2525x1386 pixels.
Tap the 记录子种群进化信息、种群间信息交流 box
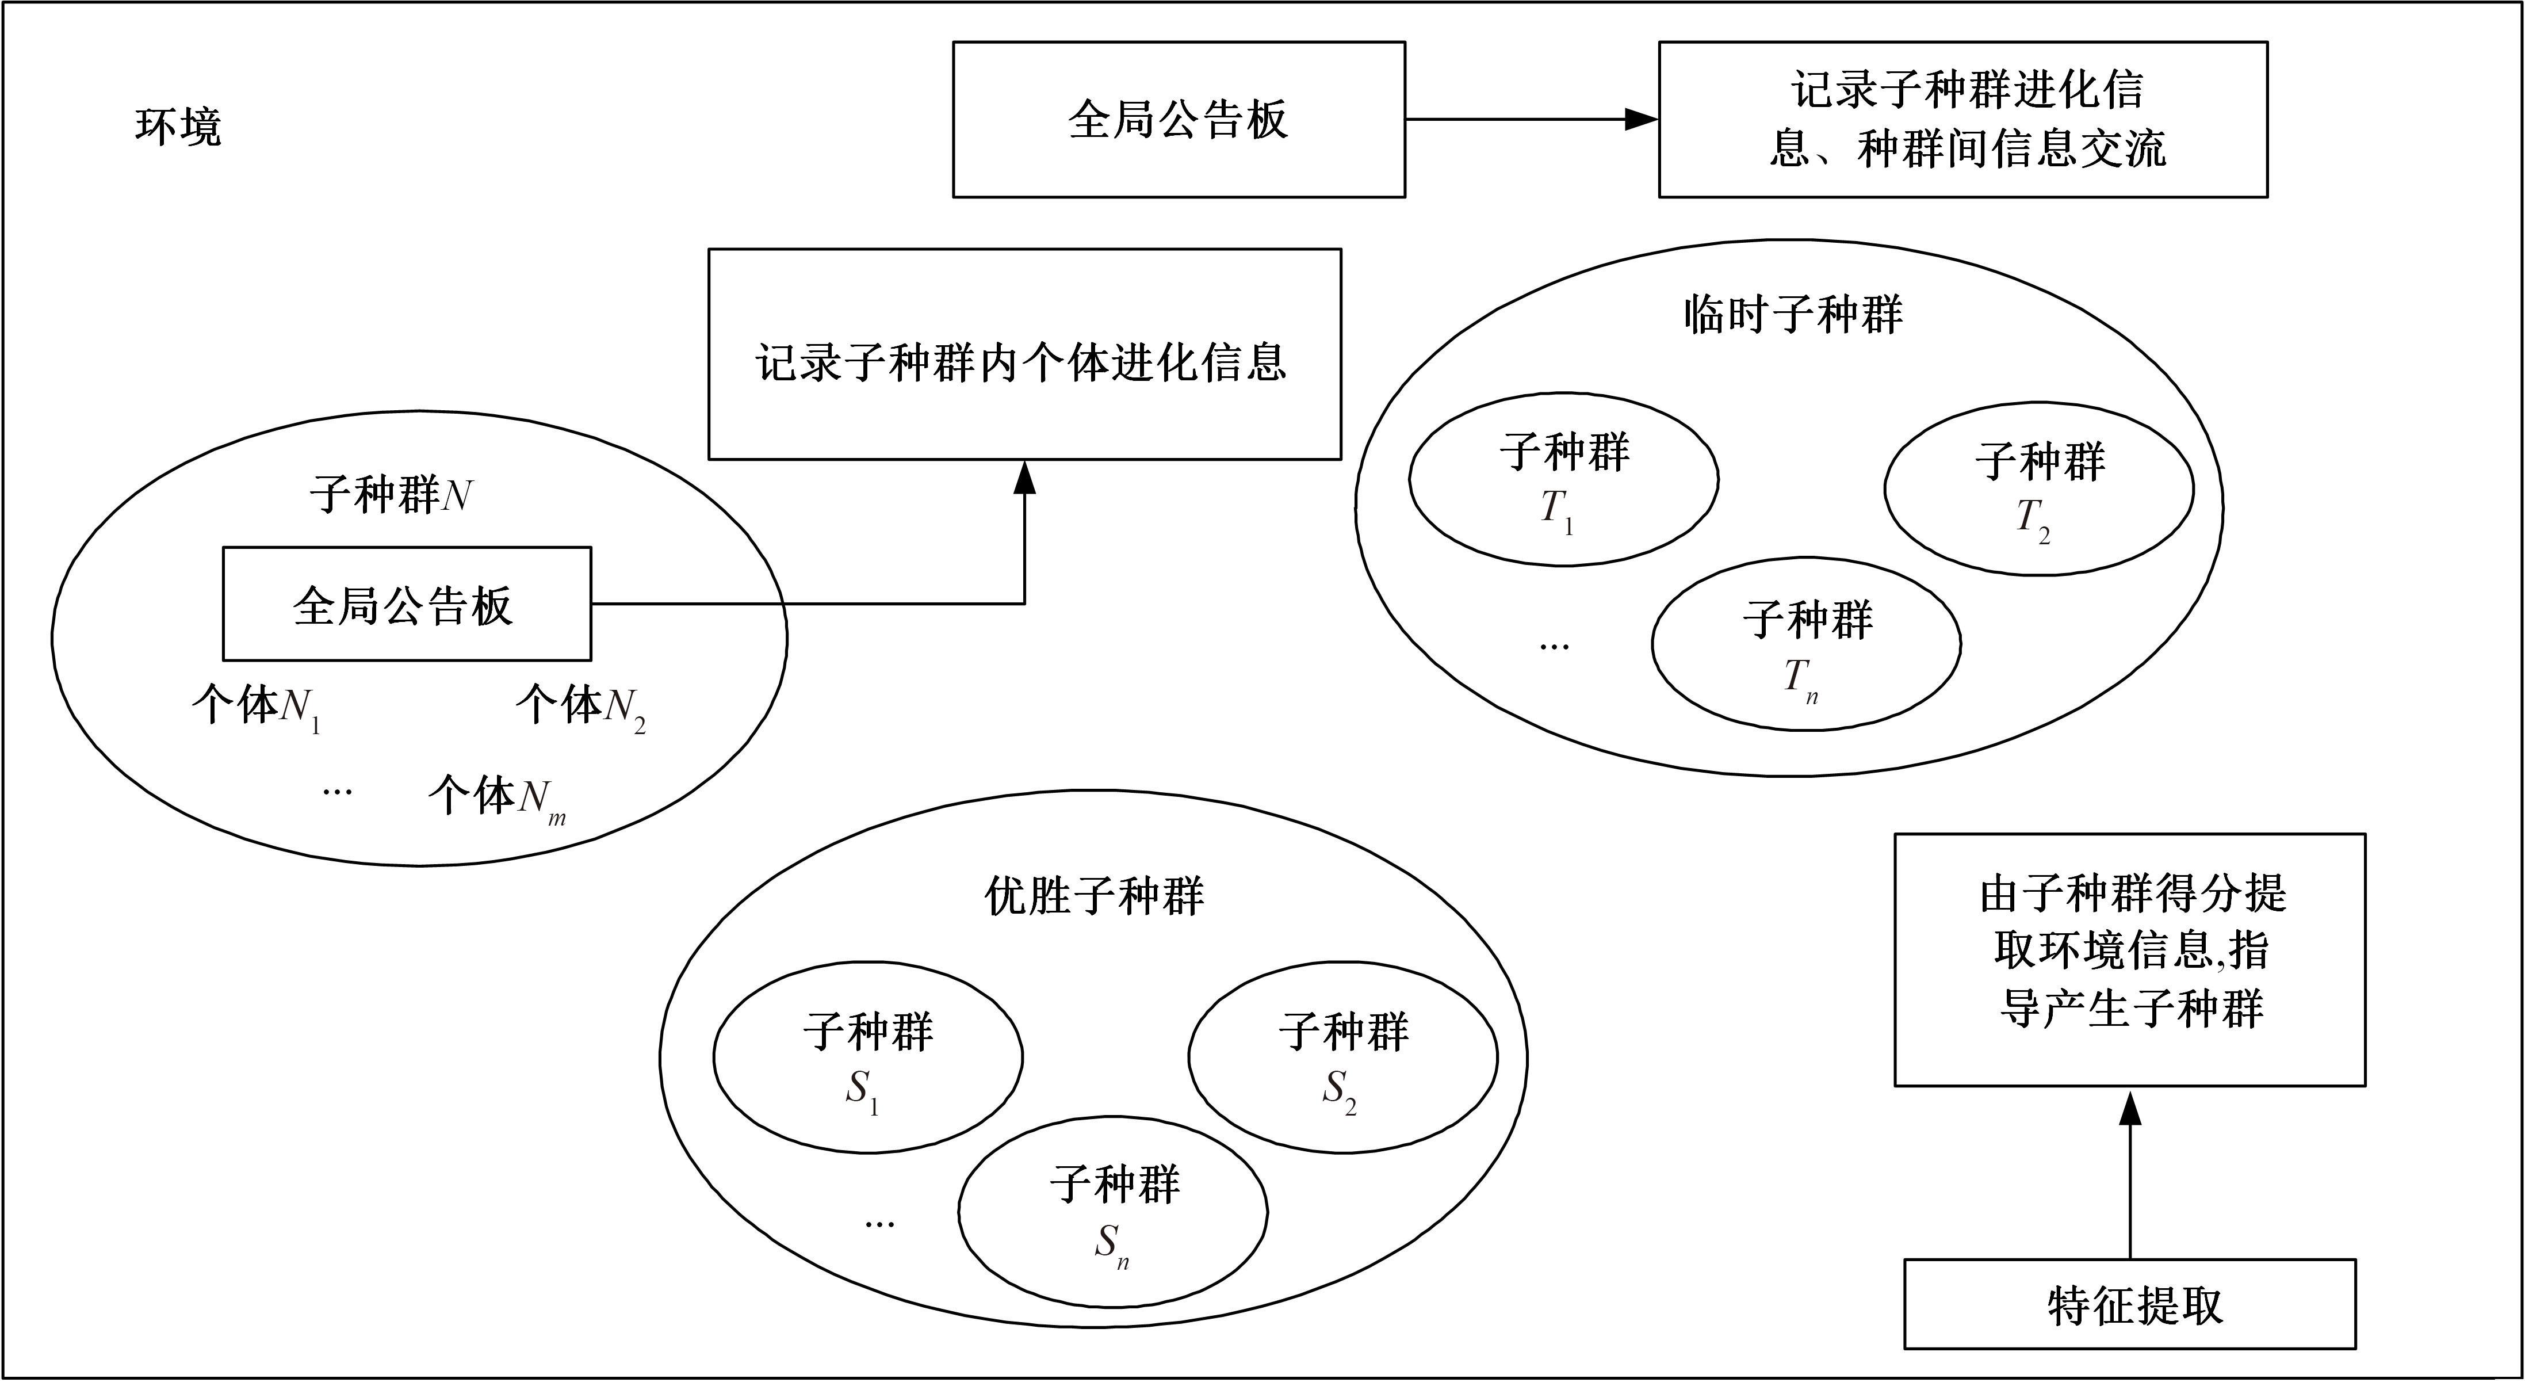(x=1962, y=120)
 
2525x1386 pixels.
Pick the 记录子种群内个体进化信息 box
(x=1024, y=354)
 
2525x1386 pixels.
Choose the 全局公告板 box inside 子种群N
(x=407, y=604)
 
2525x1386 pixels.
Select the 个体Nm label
(x=496, y=798)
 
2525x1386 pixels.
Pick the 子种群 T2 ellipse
(x=2039, y=488)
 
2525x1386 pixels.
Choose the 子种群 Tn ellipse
(x=1805, y=644)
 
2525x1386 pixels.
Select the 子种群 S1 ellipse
(x=867, y=1057)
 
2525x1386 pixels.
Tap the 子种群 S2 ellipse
(x=1343, y=1057)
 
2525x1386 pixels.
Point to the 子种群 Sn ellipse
(x=1112, y=1212)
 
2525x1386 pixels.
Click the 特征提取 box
(x=2129, y=1305)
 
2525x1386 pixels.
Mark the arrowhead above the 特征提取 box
(x=2129, y=1108)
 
